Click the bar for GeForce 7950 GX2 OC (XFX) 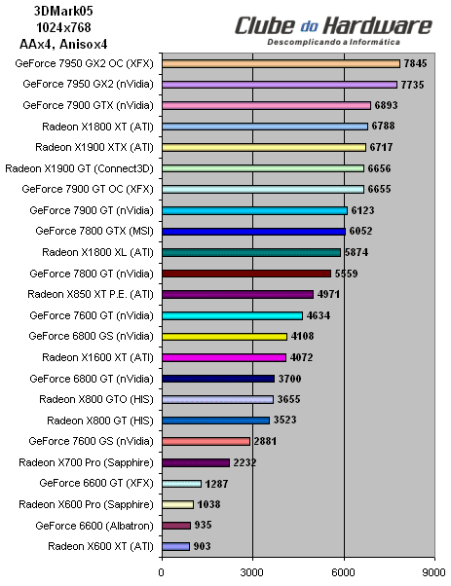[281, 63]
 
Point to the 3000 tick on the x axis [252, 573]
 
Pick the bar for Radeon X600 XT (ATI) [175, 546]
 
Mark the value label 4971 [329, 294]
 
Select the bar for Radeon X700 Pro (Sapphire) [196, 462]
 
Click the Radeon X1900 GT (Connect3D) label [82, 168]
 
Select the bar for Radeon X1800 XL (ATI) [250, 252]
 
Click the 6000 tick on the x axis [344, 573]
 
